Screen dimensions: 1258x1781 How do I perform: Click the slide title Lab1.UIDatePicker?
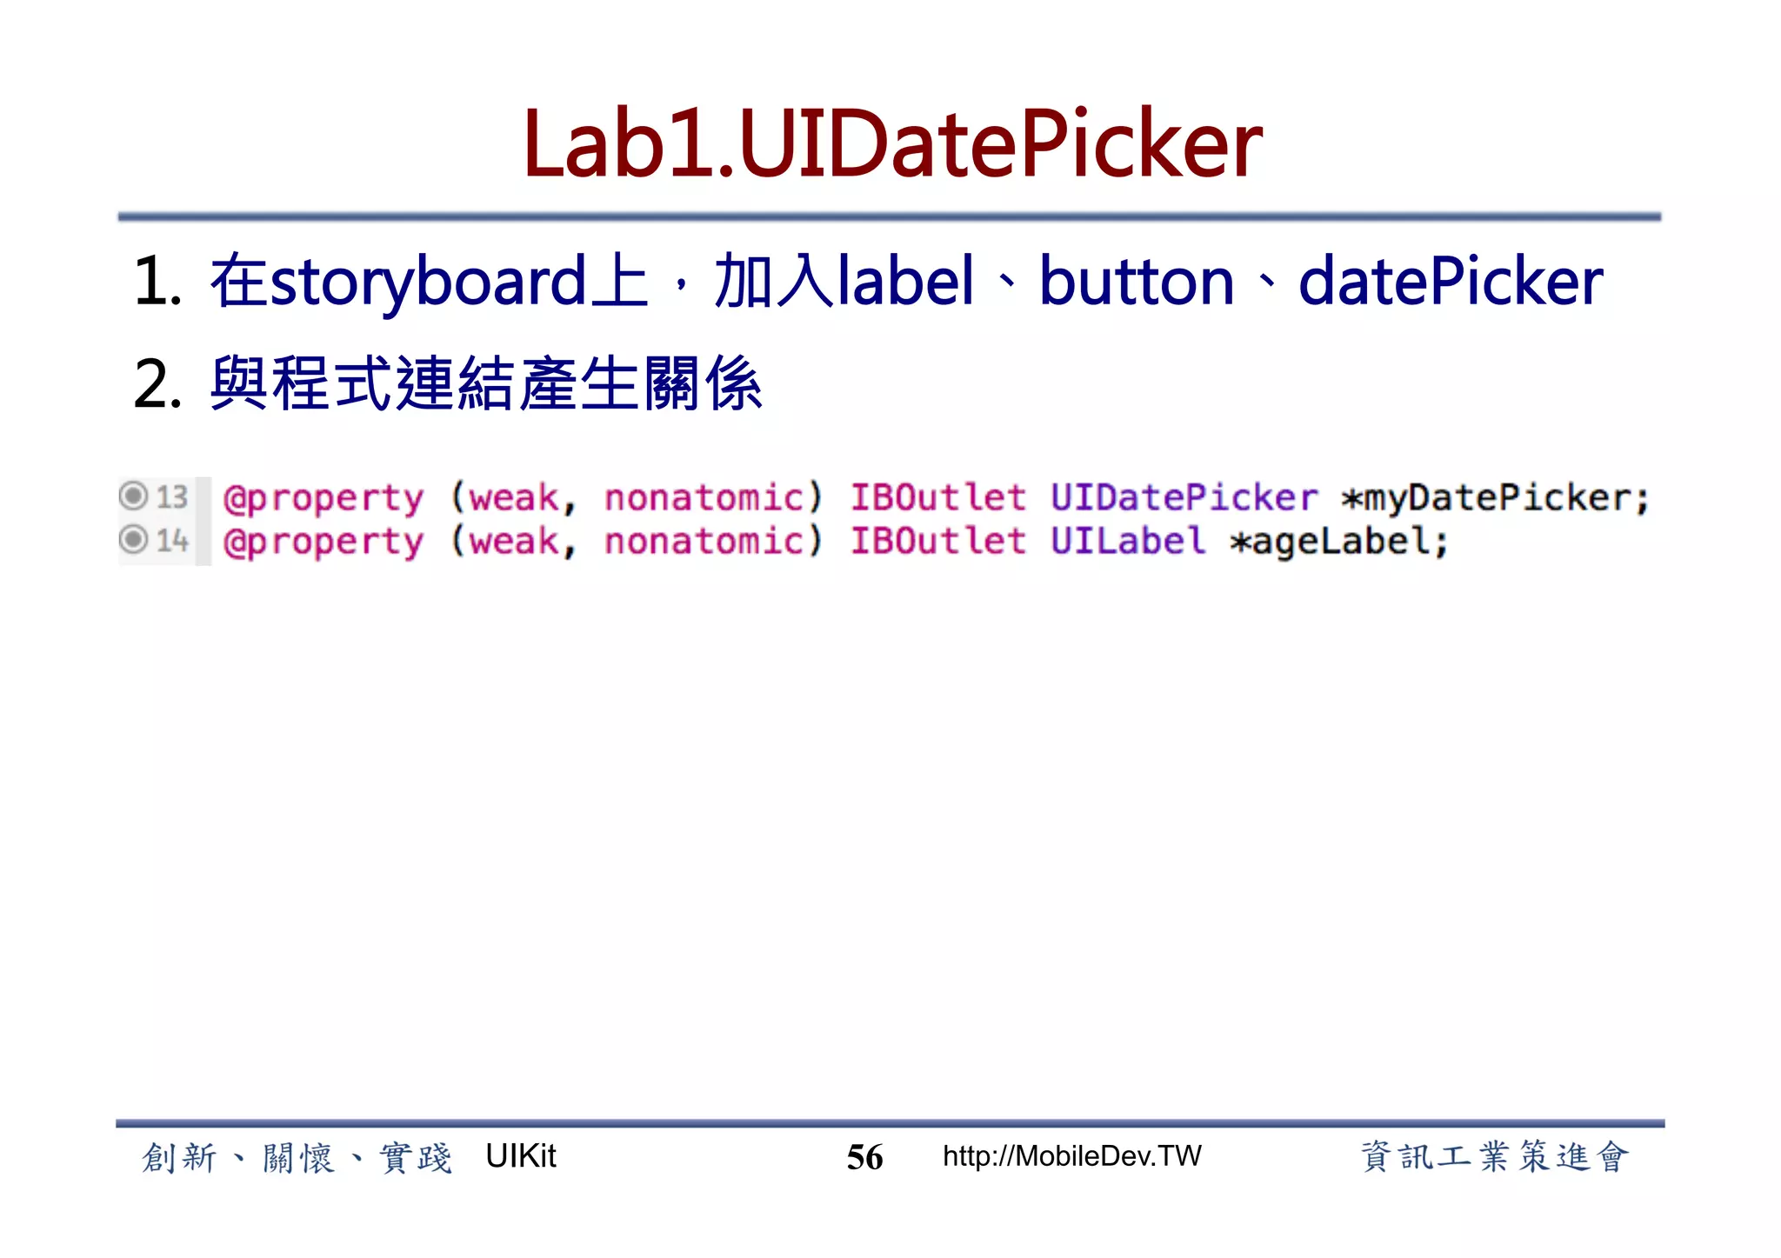click(891, 144)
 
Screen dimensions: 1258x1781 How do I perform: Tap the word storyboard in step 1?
click(429, 283)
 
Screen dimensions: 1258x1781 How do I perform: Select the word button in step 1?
click(1137, 283)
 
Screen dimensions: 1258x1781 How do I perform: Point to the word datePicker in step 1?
click(1451, 283)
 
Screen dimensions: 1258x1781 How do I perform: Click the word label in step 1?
click(904, 283)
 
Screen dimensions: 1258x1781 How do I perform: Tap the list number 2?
click(157, 385)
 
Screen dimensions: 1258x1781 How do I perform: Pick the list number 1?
click(157, 283)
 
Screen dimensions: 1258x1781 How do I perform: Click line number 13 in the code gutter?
click(172, 496)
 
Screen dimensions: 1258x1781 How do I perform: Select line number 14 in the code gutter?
click(172, 541)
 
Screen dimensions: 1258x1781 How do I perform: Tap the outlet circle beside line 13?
click(133, 496)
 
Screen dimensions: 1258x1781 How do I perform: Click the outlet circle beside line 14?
click(133, 540)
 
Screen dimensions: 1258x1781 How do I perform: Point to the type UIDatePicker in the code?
click(1184, 497)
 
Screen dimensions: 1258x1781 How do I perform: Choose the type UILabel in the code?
click(1128, 541)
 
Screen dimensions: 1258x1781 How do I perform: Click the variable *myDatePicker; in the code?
click(1495, 498)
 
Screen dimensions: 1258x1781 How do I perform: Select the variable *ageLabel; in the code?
click(1339, 542)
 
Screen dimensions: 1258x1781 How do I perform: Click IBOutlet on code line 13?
click(937, 497)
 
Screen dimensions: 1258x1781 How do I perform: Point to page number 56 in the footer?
click(864, 1157)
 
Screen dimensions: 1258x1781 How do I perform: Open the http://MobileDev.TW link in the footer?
click(1071, 1156)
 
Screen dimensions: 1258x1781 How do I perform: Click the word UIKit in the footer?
click(520, 1156)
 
